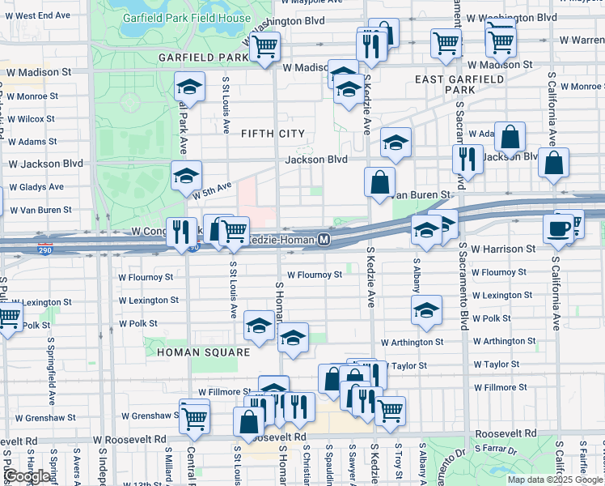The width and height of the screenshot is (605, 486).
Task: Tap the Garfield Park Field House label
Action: pos(186,17)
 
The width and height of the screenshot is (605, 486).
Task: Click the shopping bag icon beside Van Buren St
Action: pos(379,182)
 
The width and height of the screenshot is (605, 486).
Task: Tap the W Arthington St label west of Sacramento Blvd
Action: pos(412,342)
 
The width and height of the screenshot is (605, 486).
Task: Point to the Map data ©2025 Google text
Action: pos(555,480)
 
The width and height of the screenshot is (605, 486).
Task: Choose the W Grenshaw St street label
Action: pos(149,416)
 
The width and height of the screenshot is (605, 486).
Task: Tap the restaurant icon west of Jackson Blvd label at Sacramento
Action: pos(467,159)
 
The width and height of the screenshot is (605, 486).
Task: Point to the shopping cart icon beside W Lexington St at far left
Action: pos(8,319)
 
